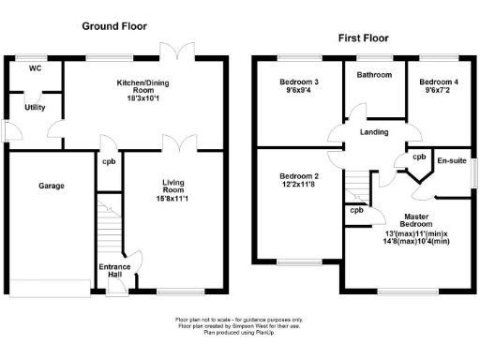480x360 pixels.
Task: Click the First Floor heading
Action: coord(365,38)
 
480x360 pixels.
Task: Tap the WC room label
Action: coord(35,69)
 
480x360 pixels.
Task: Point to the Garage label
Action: coord(51,187)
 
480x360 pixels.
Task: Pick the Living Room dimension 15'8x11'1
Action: coord(174,198)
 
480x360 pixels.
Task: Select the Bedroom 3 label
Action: coord(299,82)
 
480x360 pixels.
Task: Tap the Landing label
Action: coord(373,131)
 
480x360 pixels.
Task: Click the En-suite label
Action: coord(450,161)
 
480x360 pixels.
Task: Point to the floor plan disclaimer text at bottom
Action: coord(239,325)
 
